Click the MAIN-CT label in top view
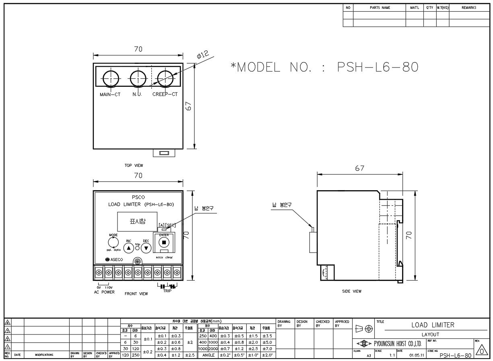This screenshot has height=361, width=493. tap(110, 95)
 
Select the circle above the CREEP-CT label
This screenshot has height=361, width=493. tap(165, 79)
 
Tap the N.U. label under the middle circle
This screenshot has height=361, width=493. tap(137, 95)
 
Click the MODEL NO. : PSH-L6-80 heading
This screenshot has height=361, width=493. tap(324, 67)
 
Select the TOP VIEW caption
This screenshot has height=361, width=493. tap(134, 165)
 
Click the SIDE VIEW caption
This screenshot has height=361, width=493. tap(352, 291)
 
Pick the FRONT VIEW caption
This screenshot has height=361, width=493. tap(136, 294)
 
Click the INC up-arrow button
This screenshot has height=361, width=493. tap(128, 248)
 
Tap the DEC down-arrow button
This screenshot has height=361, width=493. tap(147, 248)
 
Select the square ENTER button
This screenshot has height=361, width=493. tap(164, 242)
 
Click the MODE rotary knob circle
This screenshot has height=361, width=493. tap(113, 242)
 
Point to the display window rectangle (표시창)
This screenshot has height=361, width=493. tap(138, 222)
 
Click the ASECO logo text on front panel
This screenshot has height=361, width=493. tap(114, 260)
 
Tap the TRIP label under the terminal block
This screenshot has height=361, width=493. tap(167, 291)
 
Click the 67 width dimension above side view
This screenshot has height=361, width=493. tap(359, 168)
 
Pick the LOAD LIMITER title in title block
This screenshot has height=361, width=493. tap(432, 325)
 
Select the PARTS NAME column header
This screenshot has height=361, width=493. tap(380, 8)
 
